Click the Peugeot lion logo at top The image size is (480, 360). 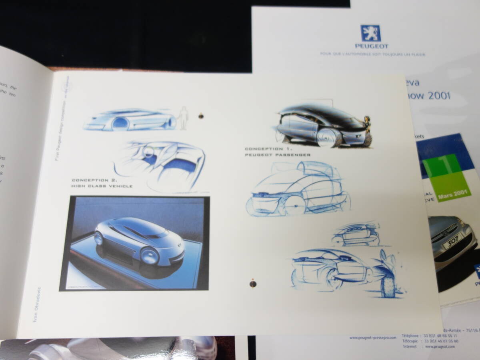pos(370,33)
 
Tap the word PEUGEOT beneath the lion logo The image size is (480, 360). pos(371,46)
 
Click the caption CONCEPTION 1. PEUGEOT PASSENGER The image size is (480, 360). pos(278,152)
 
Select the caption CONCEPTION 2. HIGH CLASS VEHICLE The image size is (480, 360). pos(102,183)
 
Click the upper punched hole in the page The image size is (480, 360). pos(200,116)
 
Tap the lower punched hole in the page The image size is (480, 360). pos(252,283)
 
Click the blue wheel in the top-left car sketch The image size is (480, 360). pos(119,124)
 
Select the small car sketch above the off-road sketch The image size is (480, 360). pos(355,235)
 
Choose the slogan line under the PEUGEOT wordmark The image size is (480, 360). pos(372,54)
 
